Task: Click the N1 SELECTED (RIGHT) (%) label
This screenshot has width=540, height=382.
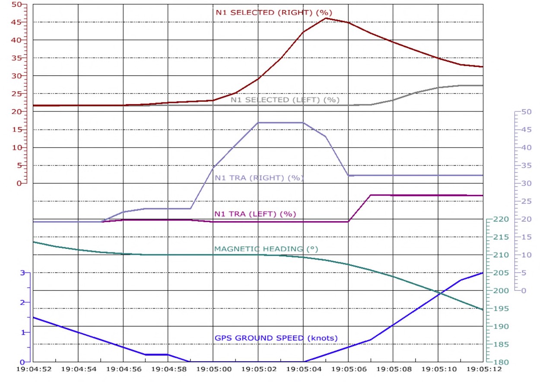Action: [x=274, y=13]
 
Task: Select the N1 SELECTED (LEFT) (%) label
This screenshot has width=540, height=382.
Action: [x=285, y=100]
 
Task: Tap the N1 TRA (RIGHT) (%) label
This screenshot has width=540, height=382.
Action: [x=259, y=178]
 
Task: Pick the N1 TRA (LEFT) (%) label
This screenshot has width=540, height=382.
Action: [x=255, y=214]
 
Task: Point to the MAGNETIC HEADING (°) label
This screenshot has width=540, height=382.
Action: [x=266, y=249]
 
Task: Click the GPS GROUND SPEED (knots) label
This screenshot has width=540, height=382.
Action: [x=276, y=338]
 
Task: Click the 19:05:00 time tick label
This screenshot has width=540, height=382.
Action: [x=213, y=370]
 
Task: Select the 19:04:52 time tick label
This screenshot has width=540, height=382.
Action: [x=33, y=370]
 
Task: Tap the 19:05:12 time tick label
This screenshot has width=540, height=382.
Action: [x=483, y=370]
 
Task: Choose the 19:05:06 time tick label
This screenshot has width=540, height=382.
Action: [x=348, y=370]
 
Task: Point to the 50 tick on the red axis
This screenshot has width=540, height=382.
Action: [x=16, y=4]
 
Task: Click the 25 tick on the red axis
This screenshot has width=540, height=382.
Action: [x=16, y=94]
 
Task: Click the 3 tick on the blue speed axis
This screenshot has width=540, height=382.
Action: [x=23, y=273]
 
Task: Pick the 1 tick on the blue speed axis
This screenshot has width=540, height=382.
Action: [x=23, y=332]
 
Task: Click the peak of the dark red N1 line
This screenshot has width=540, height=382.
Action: [x=325, y=18]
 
